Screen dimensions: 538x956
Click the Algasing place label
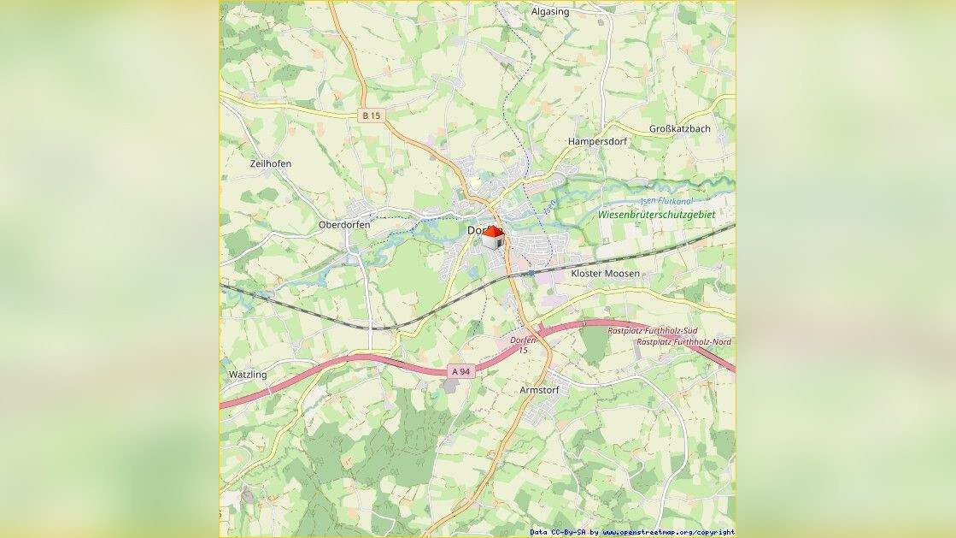click(x=550, y=12)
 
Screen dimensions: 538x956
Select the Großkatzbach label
click(x=679, y=129)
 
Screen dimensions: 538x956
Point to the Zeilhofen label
click(x=271, y=163)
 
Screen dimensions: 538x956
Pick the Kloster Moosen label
click(x=605, y=274)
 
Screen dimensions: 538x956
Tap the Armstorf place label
click(x=539, y=390)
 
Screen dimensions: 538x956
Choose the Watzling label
click(x=248, y=375)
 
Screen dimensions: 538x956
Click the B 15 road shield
click(x=370, y=115)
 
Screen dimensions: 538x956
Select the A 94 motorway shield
click(x=460, y=371)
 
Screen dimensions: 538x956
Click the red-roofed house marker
click(x=493, y=237)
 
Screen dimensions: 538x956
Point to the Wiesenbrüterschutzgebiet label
click(x=656, y=215)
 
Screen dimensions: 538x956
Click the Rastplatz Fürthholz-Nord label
click(x=683, y=342)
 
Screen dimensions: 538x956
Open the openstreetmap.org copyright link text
click(x=667, y=532)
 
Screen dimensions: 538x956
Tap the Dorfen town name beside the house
click(x=476, y=231)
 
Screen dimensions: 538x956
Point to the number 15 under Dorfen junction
click(x=523, y=350)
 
